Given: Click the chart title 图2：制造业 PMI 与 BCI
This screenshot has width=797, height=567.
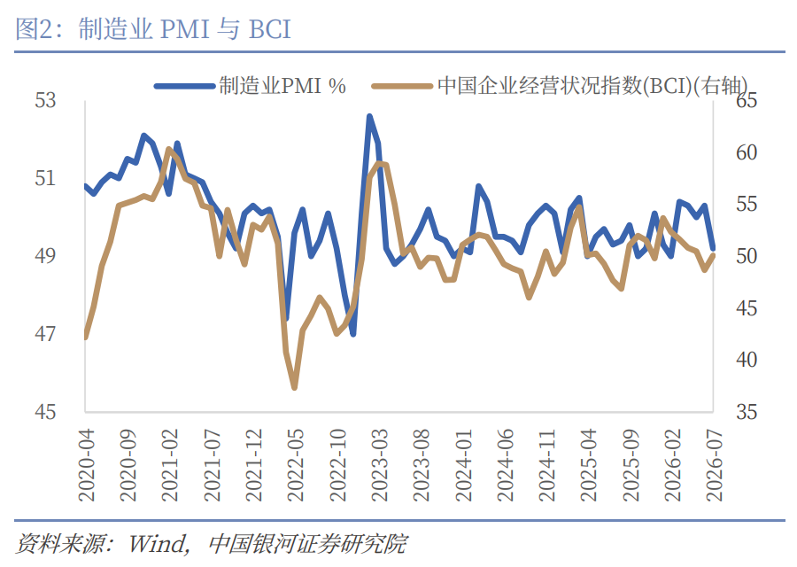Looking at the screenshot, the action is (x=153, y=28).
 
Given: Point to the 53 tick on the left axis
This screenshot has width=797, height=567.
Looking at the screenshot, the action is (x=45, y=100).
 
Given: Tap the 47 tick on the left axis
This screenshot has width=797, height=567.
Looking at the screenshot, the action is (x=45, y=334).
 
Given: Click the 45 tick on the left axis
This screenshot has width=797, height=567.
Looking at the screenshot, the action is (x=45, y=411).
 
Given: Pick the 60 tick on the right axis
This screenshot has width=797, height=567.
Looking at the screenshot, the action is (x=747, y=152).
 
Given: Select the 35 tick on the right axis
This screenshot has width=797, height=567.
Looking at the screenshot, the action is (x=747, y=411).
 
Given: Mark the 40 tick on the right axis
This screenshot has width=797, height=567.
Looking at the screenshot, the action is (x=747, y=360).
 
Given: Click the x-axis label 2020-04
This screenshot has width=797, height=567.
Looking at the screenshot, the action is (x=87, y=465).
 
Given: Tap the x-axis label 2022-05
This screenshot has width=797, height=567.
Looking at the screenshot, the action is (x=295, y=465).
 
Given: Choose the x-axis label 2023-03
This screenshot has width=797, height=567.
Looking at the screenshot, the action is (x=380, y=465).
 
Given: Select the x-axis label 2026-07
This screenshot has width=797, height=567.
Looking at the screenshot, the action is (x=714, y=465).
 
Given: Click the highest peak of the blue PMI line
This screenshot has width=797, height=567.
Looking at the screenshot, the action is (x=369, y=116).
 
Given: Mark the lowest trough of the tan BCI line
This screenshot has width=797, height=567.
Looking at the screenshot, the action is (x=294, y=387).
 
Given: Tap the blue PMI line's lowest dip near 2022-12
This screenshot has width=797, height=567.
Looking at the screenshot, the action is (x=352, y=334).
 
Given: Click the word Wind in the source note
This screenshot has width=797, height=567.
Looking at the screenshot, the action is (x=158, y=544).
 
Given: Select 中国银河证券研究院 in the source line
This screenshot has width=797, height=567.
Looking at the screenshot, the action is (x=307, y=544).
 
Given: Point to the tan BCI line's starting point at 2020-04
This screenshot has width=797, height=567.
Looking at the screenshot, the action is (x=85, y=336).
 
